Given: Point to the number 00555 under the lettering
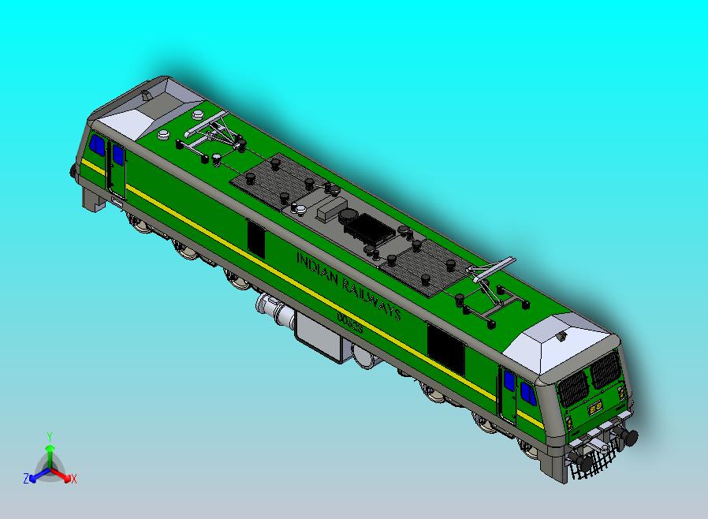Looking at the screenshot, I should click(348, 322).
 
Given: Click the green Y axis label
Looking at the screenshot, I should click(49, 435).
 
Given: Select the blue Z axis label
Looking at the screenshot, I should click(25, 478).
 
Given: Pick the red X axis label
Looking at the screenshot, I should click(73, 478).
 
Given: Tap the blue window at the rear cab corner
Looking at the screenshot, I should click(97, 146).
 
